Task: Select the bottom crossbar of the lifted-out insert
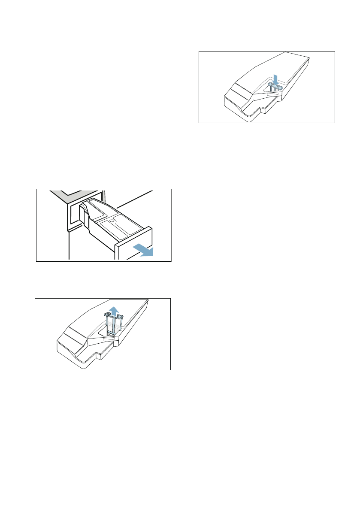[x=112, y=333]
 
